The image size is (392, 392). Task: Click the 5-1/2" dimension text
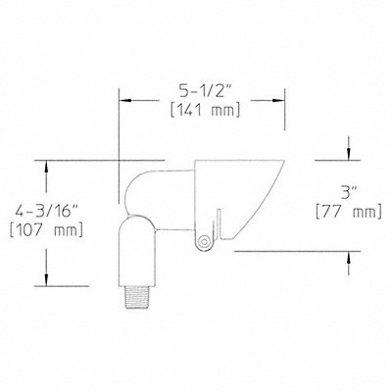(203, 91)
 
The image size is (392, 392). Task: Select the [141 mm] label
(206, 110)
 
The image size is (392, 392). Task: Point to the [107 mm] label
(46, 230)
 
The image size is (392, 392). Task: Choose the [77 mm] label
(349, 212)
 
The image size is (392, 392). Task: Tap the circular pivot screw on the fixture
(204, 242)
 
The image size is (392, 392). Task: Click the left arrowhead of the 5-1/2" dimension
(124, 100)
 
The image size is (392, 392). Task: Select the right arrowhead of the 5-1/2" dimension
(278, 100)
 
